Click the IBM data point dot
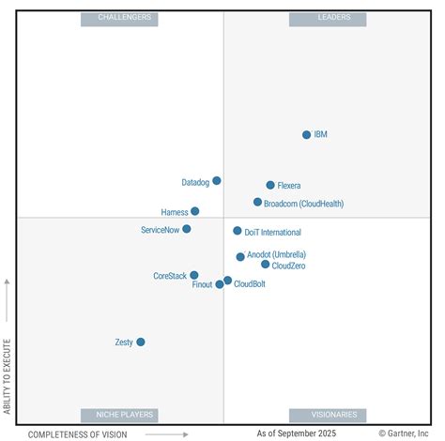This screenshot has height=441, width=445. pos(306,135)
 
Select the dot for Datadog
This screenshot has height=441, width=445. pos(217,181)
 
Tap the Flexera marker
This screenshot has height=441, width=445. pos(270,186)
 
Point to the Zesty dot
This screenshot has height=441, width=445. pos(141,342)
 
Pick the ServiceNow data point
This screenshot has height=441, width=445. pos(187,229)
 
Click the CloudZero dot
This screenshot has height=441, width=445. pos(266,265)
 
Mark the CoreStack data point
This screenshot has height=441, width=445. pos(194,276)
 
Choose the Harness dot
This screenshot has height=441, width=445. pos(195,212)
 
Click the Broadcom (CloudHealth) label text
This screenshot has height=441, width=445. pos(303,203)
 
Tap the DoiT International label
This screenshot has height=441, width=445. pos(274,232)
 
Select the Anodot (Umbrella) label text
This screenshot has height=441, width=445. pos(276,255)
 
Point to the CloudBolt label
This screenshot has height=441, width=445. pos(250,284)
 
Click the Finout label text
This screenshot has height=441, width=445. pos(202,284)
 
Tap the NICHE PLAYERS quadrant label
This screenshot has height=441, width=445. pos(119,415)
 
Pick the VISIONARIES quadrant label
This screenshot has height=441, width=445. pos(327,415)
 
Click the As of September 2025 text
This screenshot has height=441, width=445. pos(296,433)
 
